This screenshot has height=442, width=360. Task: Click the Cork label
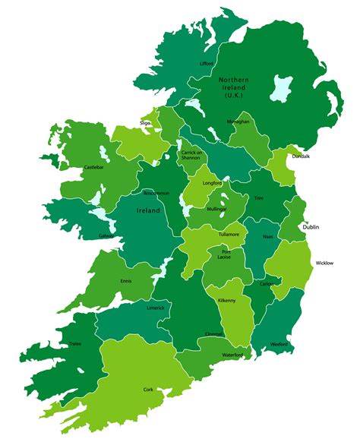(148, 390)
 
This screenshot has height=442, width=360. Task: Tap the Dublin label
(311, 227)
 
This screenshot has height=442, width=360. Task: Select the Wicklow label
(324, 264)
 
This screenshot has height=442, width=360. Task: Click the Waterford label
(232, 355)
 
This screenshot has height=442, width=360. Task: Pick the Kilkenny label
(228, 302)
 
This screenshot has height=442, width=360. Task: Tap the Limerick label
(155, 308)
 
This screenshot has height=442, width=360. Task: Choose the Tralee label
(74, 343)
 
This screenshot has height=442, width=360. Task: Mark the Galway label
(106, 235)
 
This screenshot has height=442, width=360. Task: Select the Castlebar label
(94, 166)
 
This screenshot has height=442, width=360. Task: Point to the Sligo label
(145, 122)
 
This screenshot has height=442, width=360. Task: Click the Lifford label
(206, 64)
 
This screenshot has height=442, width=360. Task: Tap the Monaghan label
(237, 122)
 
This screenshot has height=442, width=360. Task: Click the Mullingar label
(216, 208)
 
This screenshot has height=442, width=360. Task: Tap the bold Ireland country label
(148, 211)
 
